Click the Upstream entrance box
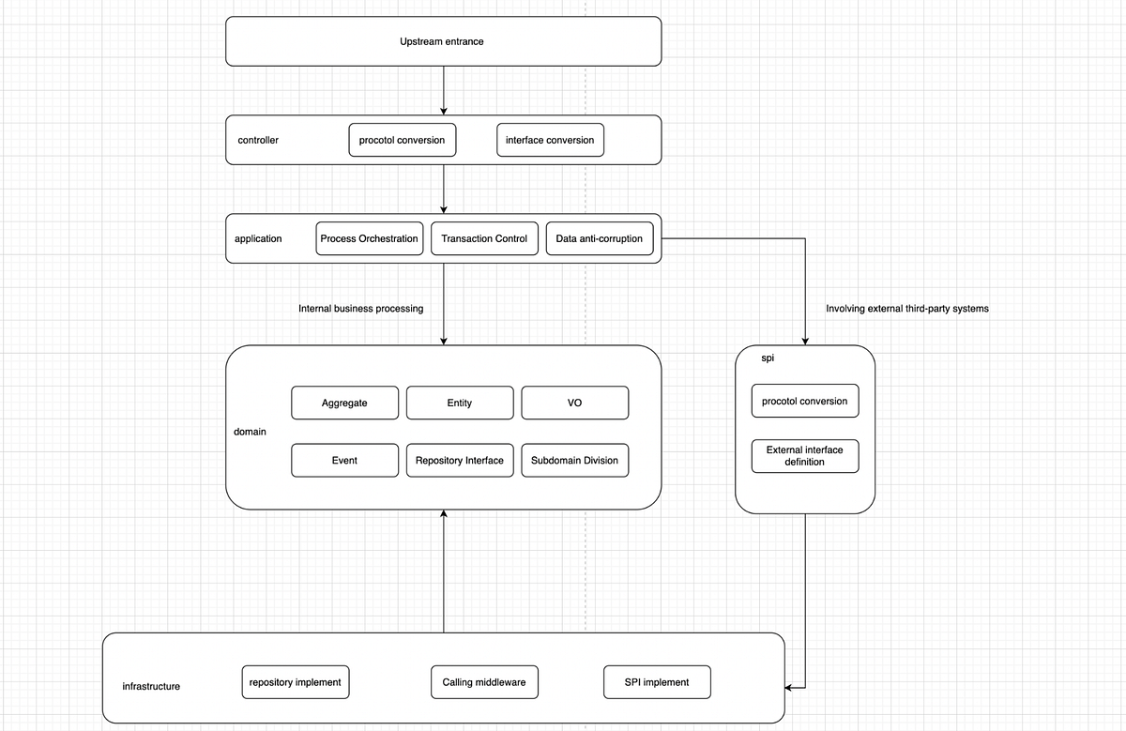tap(443, 42)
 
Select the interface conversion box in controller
tap(550, 140)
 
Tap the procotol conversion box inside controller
tap(402, 140)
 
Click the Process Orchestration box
tap(369, 238)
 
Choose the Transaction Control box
tap(484, 238)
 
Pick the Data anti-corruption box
tap(599, 238)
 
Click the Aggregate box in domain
tap(344, 403)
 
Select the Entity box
tap(460, 403)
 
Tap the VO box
tap(574, 403)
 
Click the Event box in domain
tap(344, 461)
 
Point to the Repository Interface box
tap(460, 461)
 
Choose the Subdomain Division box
tap(574, 461)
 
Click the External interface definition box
tap(804, 456)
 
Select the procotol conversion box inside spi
tap(804, 401)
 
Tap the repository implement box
tap(295, 682)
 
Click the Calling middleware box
tap(484, 682)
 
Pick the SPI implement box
tap(656, 682)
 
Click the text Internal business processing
tap(360, 308)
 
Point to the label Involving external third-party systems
tap(906, 308)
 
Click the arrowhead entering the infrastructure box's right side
tap(790, 688)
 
